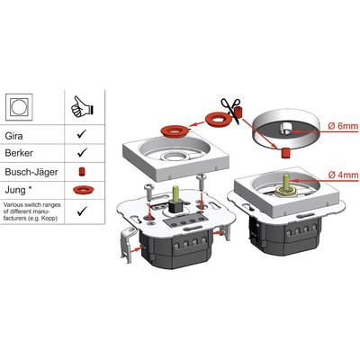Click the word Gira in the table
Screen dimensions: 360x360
[x=13, y=136]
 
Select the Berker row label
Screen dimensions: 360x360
[x=19, y=153]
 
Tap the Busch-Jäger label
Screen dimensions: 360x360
[x=31, y=172]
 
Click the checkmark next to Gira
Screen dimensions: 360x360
[x=82, y=134]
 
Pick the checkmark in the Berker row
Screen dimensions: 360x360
[x=82, y=152]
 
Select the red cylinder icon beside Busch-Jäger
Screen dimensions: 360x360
[x=81, y=172]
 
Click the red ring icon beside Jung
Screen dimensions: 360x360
[x=84, y=190]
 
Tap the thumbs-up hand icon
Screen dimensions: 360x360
[x=82, y=106]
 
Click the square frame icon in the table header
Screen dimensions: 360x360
[x=19, y=107]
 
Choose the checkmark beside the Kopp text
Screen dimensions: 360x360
[x=82, y=211]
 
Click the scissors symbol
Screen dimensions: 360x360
[x=231, y=110]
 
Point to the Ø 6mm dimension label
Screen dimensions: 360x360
[x=343, y=126]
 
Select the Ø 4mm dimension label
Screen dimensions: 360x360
[x=343, y=175]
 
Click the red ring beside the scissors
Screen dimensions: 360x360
[x=218, y=119]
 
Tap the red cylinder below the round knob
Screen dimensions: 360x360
[x=284, y=153]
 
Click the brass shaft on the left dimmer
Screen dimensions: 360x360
[x=175, y=194]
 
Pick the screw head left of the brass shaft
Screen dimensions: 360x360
[x=149, y=187]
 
